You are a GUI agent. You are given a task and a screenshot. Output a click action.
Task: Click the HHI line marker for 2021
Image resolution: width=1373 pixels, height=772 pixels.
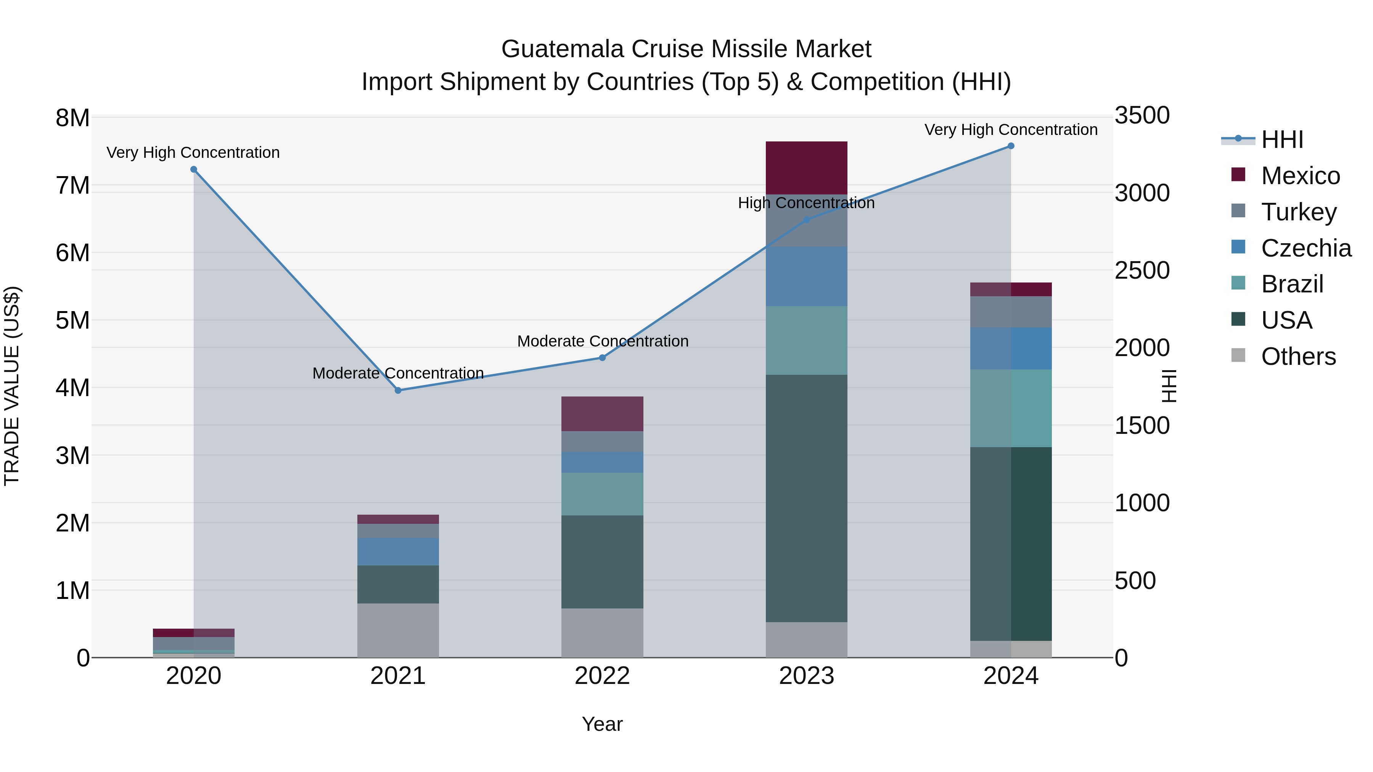tap(398, 390)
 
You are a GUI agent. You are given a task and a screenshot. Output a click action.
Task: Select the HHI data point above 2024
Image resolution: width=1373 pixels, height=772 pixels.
tap(1011, 146)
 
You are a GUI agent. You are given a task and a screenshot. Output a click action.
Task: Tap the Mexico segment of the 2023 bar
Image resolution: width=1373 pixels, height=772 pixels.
tap(806, 167)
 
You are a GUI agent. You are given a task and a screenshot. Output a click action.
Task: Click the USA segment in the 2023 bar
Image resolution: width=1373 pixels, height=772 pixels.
tap(806, 498)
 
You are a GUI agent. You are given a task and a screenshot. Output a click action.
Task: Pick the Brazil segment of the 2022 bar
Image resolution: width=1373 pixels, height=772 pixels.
tap(602, 494)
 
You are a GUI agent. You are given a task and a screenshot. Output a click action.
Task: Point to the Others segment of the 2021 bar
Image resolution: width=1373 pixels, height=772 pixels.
tap(398, 630)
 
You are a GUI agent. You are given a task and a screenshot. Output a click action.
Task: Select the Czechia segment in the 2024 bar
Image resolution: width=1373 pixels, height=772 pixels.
tap(1011, 348)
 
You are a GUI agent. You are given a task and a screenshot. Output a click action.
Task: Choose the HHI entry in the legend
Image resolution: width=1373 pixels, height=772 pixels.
tap(1282, 140)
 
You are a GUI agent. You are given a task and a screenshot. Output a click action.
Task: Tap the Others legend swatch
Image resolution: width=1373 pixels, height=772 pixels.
tap(1238, 355)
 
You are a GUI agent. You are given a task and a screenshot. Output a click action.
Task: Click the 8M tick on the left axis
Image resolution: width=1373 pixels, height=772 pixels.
tap(72, 118)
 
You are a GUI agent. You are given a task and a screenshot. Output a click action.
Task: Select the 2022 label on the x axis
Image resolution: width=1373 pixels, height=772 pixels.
tap(602, 676)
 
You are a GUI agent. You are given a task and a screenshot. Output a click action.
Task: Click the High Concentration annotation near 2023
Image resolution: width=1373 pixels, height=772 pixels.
tap(806, 203)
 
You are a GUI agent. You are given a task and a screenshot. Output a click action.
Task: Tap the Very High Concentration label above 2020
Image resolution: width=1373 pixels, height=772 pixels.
tap(193, 152)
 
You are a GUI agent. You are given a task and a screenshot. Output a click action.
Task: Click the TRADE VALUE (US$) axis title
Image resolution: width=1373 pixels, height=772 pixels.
tap(12, 386)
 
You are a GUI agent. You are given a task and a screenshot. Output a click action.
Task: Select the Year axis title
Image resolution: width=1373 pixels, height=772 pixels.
tap(602, 724)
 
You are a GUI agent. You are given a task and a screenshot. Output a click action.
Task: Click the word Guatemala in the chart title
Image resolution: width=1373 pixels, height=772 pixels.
tap(562, 49)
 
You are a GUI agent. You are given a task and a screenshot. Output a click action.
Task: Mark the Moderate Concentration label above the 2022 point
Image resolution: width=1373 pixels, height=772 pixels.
tap(602, 341)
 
